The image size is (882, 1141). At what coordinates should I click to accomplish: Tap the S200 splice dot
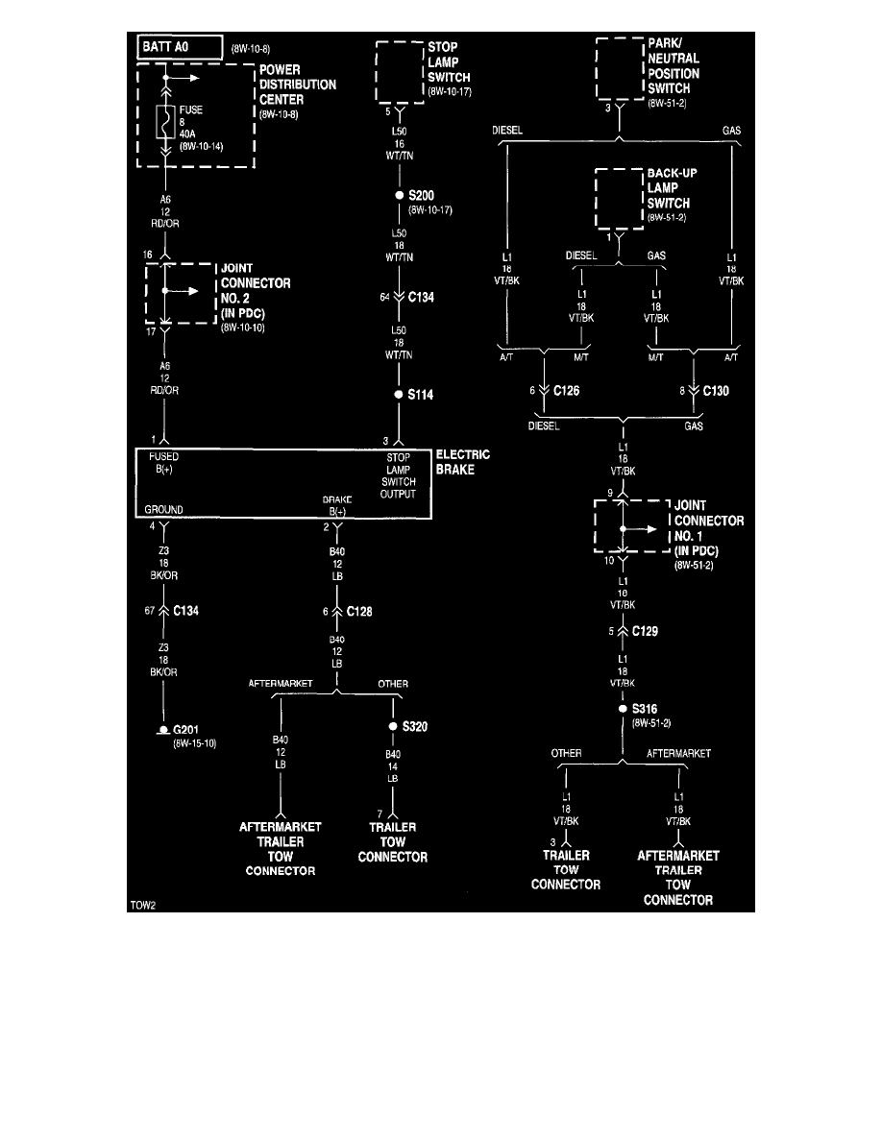[400, 195]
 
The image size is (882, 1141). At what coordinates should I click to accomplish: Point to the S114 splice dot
[400, 395]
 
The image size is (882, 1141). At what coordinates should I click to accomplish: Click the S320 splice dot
[393, 726]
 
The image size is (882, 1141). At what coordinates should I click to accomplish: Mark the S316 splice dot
[623, 709]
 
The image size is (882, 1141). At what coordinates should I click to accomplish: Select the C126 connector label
[567, 391]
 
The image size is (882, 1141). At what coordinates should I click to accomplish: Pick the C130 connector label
[716, 391]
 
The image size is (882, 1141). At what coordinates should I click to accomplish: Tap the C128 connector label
[359, 611]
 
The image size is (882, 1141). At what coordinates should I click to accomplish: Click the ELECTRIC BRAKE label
[463, 463]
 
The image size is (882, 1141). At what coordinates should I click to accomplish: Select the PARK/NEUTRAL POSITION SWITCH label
[674, 66]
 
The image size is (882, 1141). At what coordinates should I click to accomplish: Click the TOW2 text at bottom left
[142, 905]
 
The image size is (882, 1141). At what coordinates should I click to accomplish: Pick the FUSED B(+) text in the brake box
[162, 463]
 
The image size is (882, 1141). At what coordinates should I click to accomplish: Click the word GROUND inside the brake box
[164, 509]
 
